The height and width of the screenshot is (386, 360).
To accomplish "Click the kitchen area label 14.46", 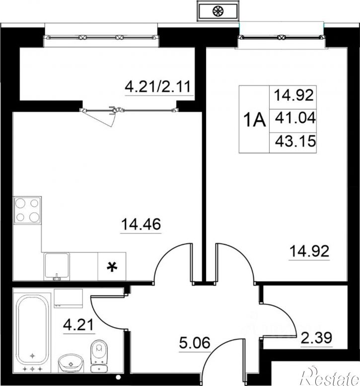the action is click(x=141, y=224).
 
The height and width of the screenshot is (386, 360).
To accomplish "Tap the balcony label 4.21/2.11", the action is click(x=158, y=87).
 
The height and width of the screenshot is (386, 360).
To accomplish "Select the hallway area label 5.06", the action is click(x=195, y=343).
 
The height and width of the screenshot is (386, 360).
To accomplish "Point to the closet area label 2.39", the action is click(x=316, y=337).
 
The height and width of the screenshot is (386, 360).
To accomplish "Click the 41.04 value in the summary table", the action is click(x=295, y=118).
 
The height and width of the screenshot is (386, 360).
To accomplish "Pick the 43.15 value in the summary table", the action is click(x=295, y=141).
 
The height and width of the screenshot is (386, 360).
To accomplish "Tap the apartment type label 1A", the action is click(x=254, y=120).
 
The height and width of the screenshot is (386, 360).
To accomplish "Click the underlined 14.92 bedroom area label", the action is click(x=309, y=251).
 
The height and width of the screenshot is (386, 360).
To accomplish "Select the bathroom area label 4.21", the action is click(x=79, y=324).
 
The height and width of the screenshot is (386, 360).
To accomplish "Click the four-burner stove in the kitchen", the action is click(x=28, y=210).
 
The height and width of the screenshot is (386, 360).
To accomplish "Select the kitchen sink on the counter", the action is click(x=57, y=266).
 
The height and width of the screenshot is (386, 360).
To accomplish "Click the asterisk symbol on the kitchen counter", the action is click(x=112, y=267).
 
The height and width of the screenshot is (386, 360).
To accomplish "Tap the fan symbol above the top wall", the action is click(x=218, y=11).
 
